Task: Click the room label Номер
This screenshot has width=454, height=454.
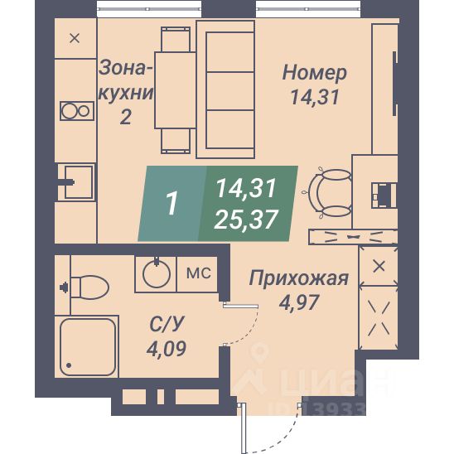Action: (x=314, y=73)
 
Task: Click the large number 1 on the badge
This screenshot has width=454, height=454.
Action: (x=173, y=203)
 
